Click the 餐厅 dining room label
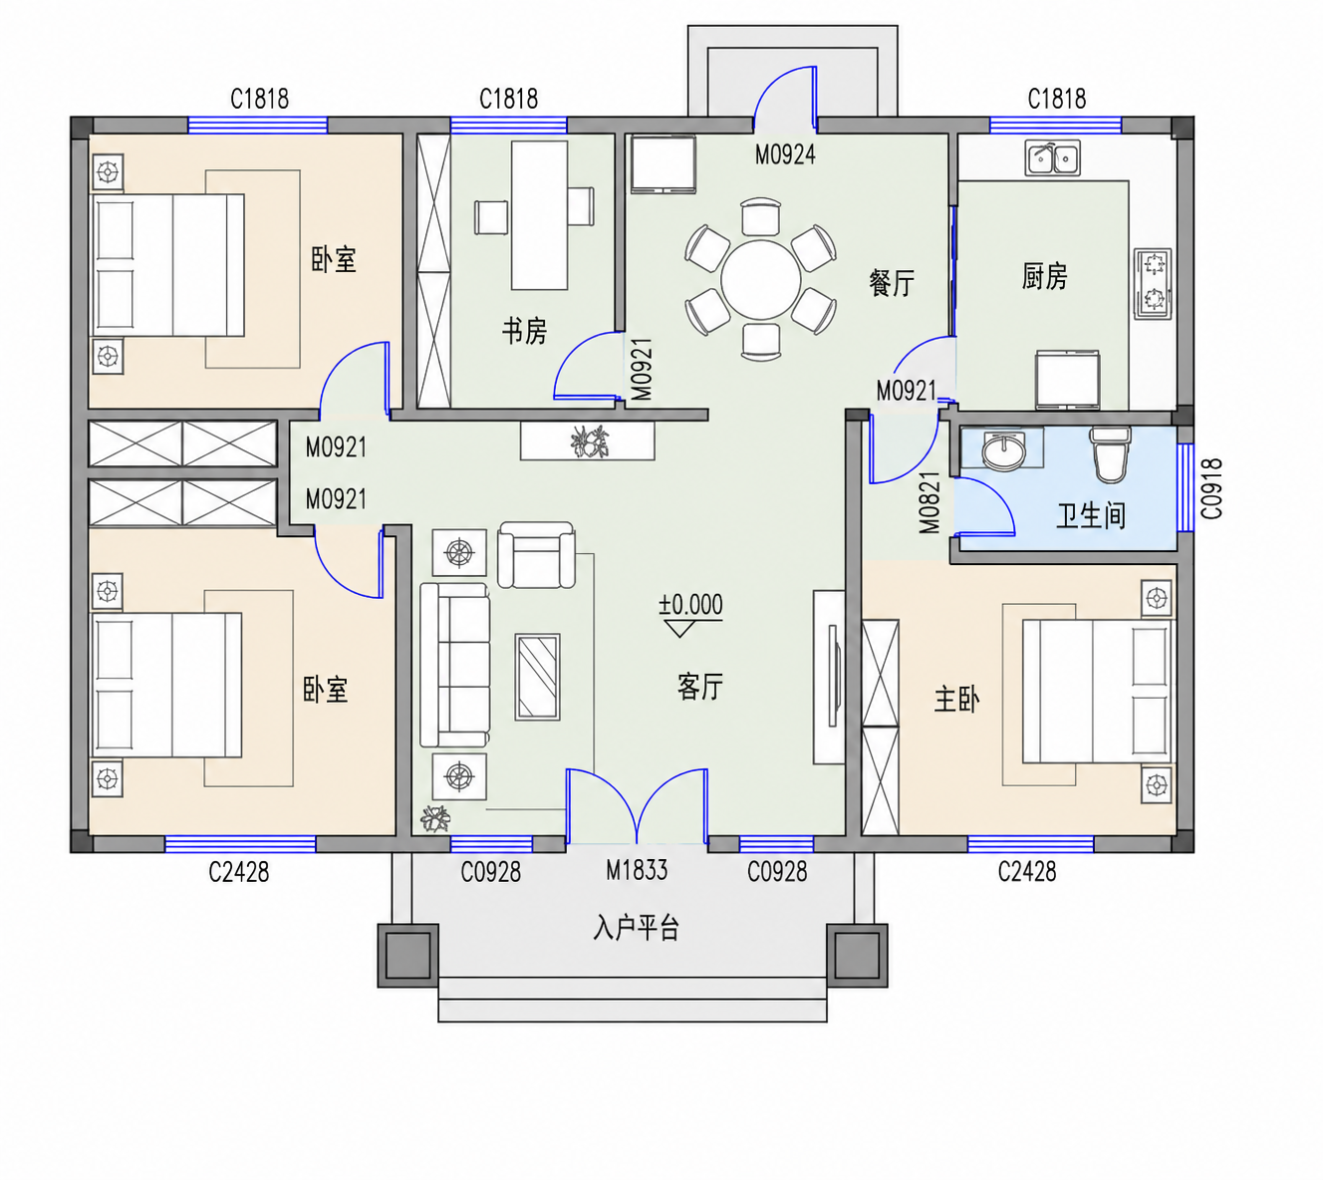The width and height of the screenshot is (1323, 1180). pos(892,283)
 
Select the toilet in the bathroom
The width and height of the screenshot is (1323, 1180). pos(1111,454)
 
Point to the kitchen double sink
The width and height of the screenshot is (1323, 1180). pos(1052,157)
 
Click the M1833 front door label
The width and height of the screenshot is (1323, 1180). pos(637,871)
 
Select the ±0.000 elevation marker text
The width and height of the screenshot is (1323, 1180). pos(690,605)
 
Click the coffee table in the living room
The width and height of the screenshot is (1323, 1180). pos(537,677)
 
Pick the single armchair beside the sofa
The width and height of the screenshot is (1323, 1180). pos(536,555)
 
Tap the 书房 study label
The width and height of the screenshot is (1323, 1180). pos(524,331)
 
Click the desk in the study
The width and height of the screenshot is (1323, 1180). pos(539,215)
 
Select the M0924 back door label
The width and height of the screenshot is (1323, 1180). pos(786,154)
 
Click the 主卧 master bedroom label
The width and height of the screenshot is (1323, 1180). pos(956,700)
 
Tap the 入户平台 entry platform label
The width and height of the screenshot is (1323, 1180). pos(636,928)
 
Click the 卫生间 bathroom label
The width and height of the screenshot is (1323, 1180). pos(1091,515)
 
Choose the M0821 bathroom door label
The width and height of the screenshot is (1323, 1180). pos(929,503)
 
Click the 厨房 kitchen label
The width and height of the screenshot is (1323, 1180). pos(1045,276)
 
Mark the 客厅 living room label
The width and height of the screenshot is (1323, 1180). pos(700,687)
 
